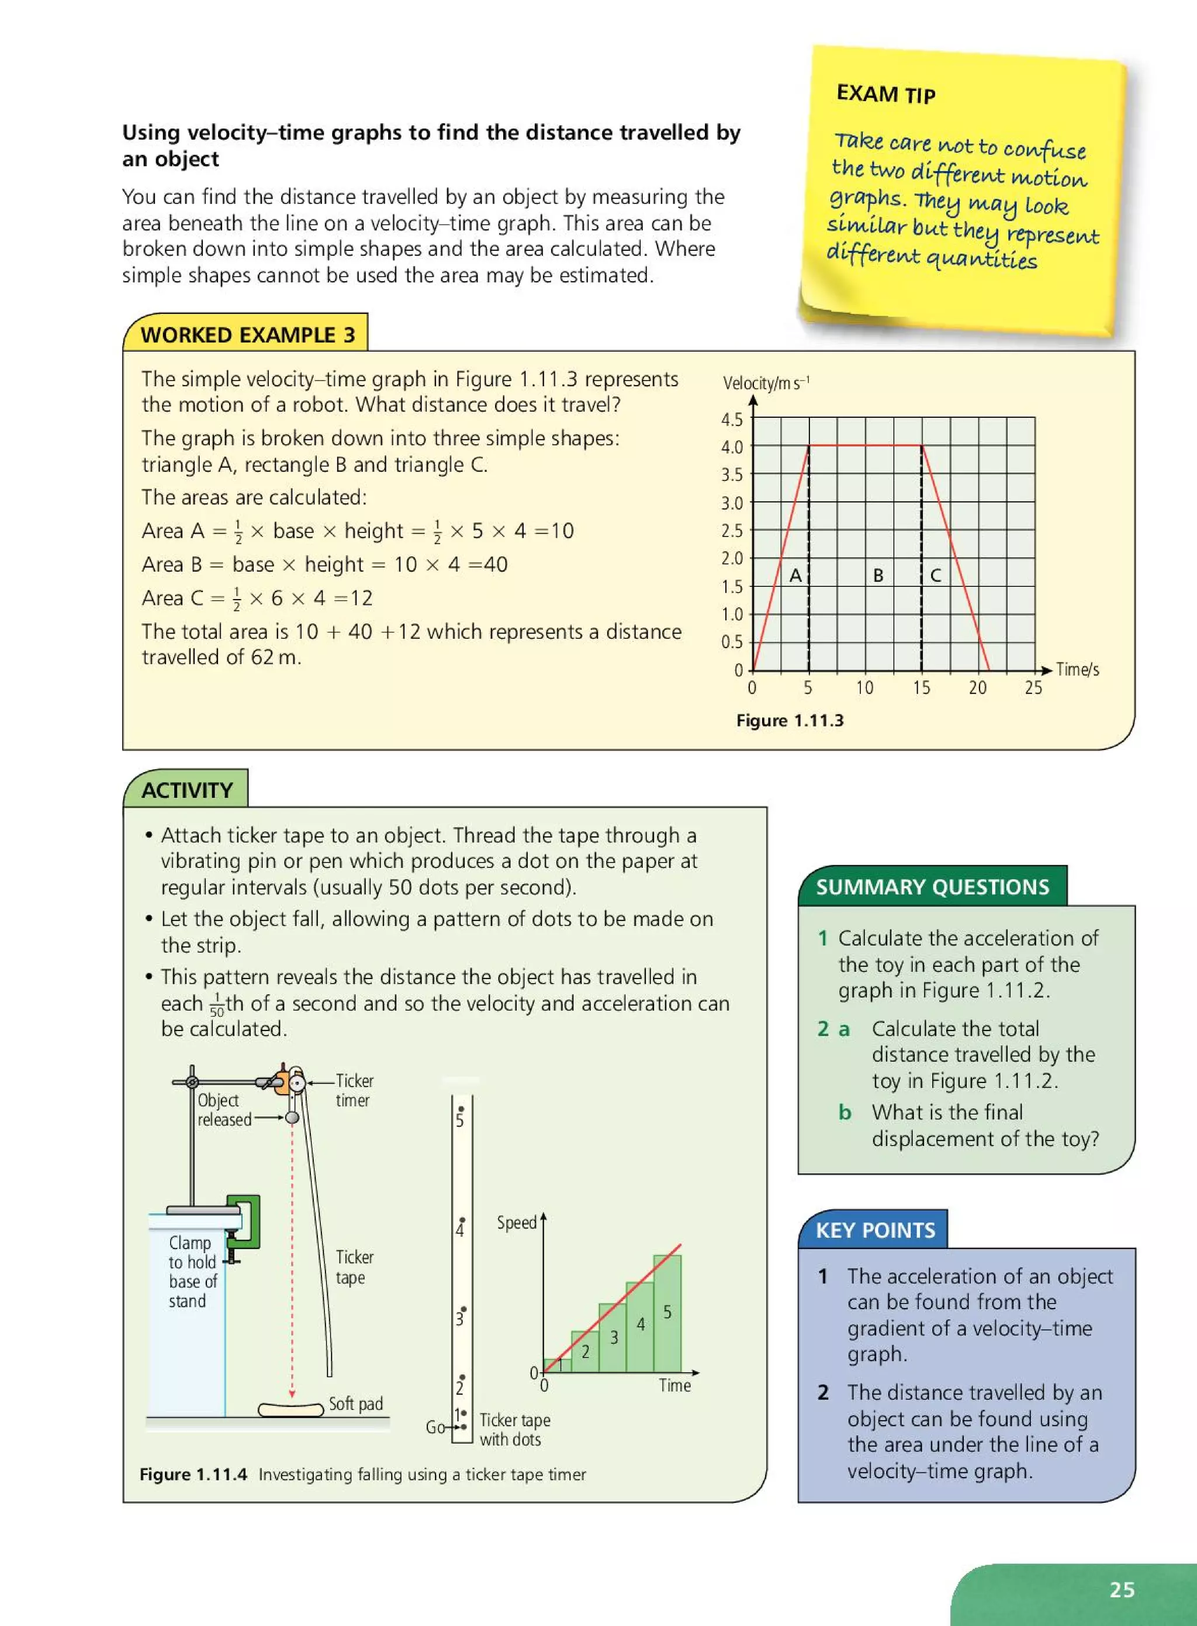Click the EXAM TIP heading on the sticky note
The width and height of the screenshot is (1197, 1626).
click(885, 94)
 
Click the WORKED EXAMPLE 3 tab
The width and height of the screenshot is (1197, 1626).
click(247, 335)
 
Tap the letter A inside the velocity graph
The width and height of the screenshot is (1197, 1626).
click(795, 575)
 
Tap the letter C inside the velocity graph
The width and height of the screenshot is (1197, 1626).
click(935, 575)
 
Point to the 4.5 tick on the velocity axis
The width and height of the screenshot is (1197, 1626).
click(732, 420)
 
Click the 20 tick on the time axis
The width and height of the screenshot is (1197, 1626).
click(977, 688)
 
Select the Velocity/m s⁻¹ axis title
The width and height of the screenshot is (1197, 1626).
click(766, 383)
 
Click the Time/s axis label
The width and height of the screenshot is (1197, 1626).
click(1077, 670)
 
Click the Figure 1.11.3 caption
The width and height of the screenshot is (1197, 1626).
click(790, 720)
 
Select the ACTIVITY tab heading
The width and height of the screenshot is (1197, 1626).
click(187, 790)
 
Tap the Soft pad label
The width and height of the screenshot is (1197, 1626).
click(355, 1403)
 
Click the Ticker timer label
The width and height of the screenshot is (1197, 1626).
click(354, 1090)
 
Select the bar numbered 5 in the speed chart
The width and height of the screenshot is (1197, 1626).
click(667, 1313)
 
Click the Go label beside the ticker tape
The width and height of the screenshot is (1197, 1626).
click(435, 1427)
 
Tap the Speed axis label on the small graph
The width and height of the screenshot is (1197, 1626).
click(516, 1222)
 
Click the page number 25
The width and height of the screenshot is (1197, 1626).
click(1121, 1589)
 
